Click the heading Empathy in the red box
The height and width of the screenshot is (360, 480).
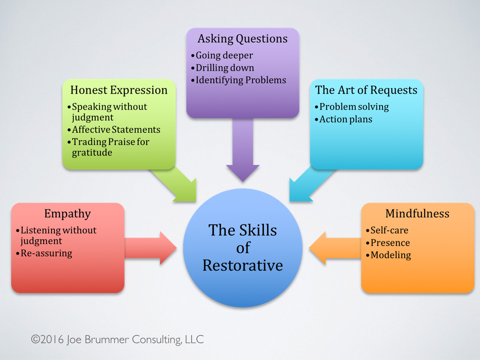coord(67,214)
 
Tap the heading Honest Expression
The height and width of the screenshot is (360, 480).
coord(119,90)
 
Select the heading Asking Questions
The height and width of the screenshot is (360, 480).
coord(242,38)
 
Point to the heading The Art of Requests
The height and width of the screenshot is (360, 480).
coord(366,90)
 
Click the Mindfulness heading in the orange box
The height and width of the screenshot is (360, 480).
coord(417,214)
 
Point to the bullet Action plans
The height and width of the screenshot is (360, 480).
coord(345,120)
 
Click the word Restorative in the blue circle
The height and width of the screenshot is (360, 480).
coord(242,265)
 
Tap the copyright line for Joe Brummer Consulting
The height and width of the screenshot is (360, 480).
coord(117,339)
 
